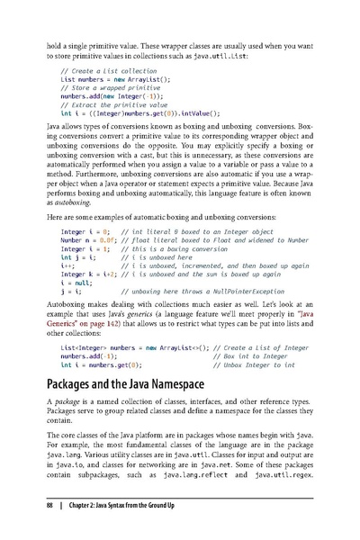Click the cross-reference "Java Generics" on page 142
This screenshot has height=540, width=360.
[x=270, y=343]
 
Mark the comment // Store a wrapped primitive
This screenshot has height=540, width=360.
[x=110, y=88]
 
